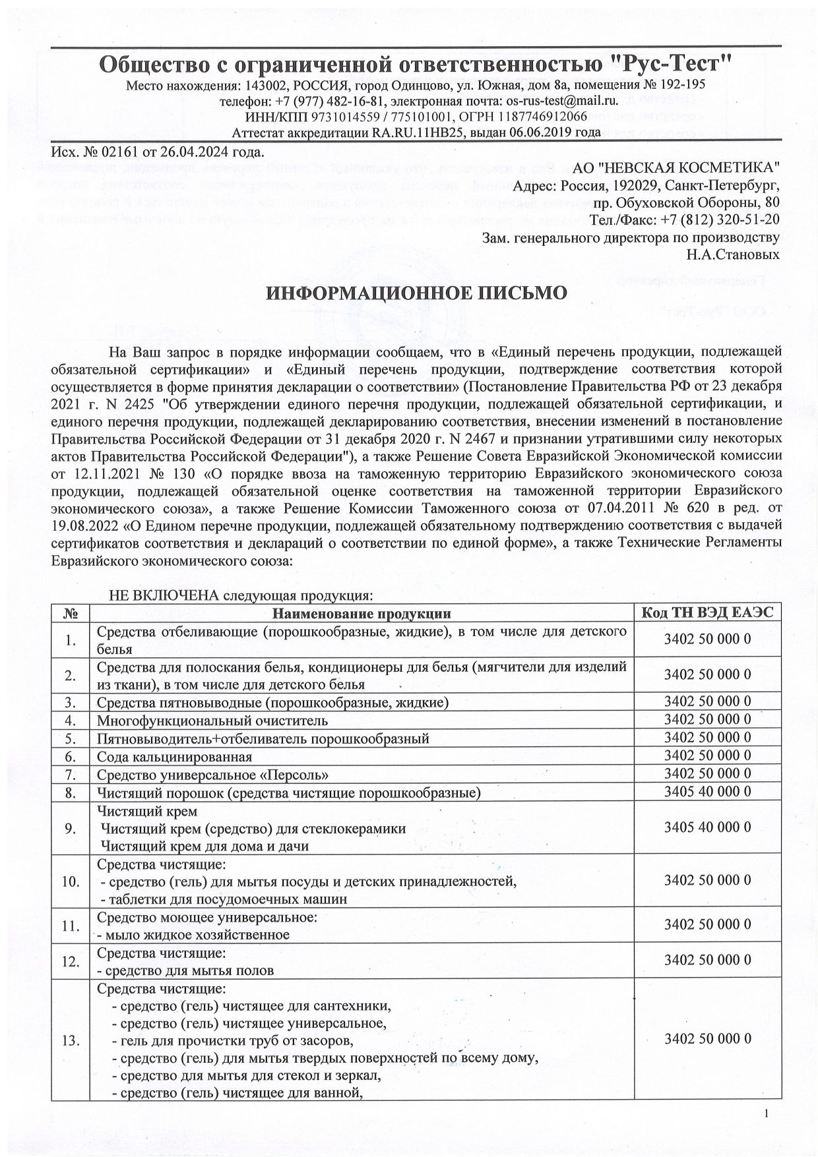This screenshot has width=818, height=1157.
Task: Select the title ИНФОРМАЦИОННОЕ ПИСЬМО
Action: (x=416, y=293)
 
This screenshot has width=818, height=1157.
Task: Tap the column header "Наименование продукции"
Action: (x=362, y=614)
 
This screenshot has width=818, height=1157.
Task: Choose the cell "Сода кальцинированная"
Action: (x=175, y=757)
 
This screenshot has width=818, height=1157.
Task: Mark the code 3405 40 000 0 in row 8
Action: (x=708, y=793)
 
